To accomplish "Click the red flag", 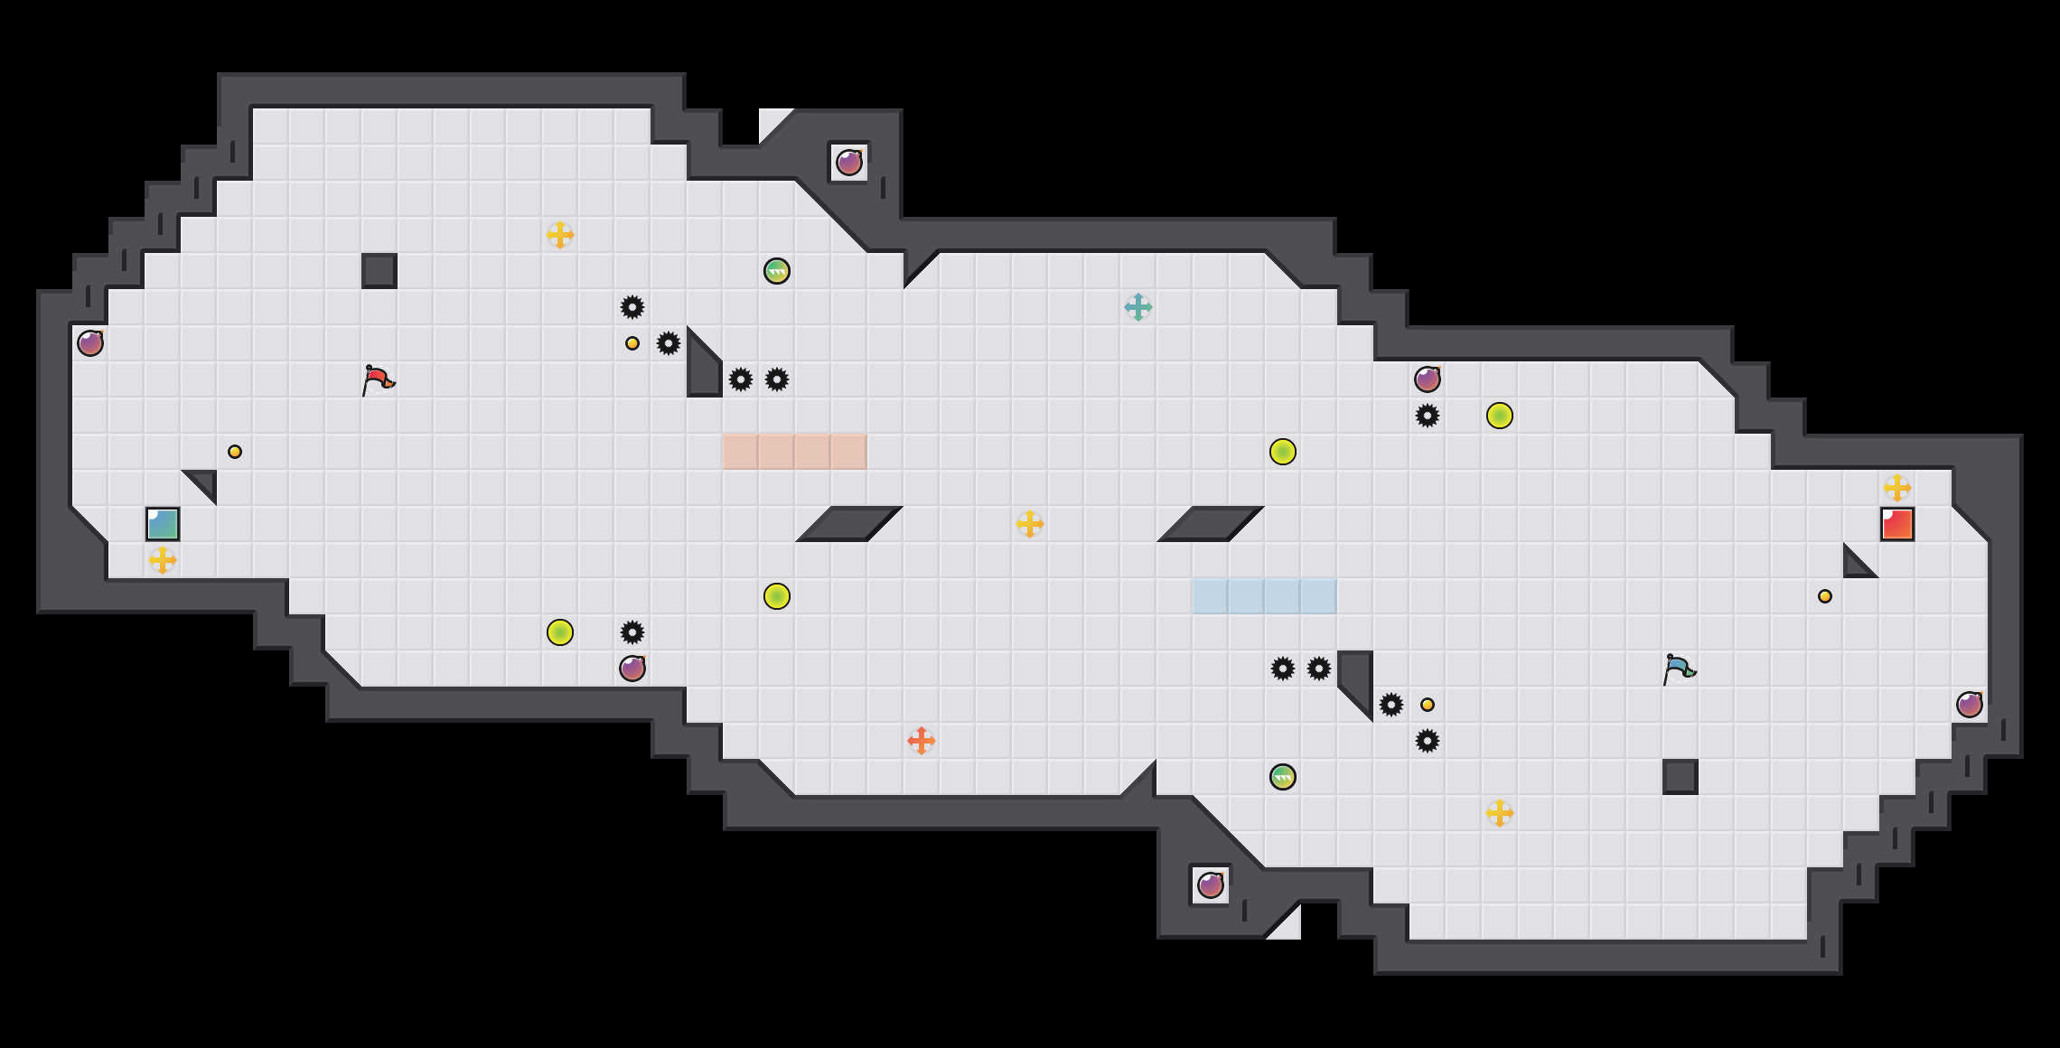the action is pyautogui.click(x=378, y=380).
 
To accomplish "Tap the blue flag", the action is pyautogui.click(x=1679, y=669).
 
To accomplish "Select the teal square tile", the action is pyautogui.click(x=163, y=524).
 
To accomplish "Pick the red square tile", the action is pyautogui.click(x=1897, y=524).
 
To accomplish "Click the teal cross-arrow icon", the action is pyautogui.click(x=1138, y=307).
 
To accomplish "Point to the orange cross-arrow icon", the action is pyautogui.click(x=922, y=741).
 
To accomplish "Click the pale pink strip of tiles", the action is pyautogui.click(x=794, y=452).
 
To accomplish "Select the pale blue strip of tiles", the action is pyautogui.click(x=1264, y=596).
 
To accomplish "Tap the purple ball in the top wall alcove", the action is pyautogui.click(x=849, y=163).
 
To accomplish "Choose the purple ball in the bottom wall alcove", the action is pyautogui.click(x=1211, y=885).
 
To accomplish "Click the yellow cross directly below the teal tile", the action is pyautogui.click(x=163, y=560).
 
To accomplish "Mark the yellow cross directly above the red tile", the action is pyautogui.click(x=1897, y=488).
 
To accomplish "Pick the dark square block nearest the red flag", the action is pyautogui.click(x=379, y=271).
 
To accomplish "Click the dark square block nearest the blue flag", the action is pyautogui.click(x=1681, y=777).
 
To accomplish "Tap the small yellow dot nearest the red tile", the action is pyautogui.click(x=1825, y=596).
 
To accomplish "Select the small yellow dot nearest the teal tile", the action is pyautogui.click(x=235, y=452).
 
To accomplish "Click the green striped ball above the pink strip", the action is pyautogui.click(x=777, y=271).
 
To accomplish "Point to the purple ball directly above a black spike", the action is pyautogui.click(x=1428, y=379).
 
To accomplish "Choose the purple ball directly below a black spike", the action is pyautogui.click(x=632, y=669).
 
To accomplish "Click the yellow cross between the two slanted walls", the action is pyautogui.click(x=1030, y=524).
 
